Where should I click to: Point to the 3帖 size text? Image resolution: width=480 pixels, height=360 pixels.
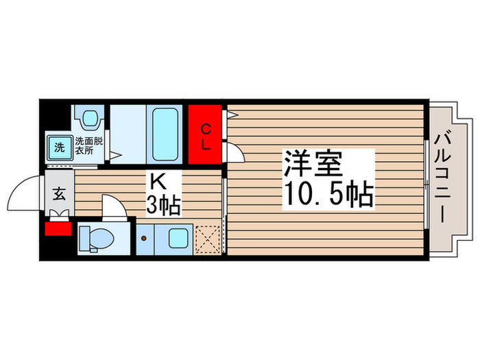[163, 204]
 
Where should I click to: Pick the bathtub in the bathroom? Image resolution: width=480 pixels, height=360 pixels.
[165, 134]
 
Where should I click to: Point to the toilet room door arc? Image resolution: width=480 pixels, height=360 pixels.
[112, 206]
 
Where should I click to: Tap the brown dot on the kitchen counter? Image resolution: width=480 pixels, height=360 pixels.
[144, 238]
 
